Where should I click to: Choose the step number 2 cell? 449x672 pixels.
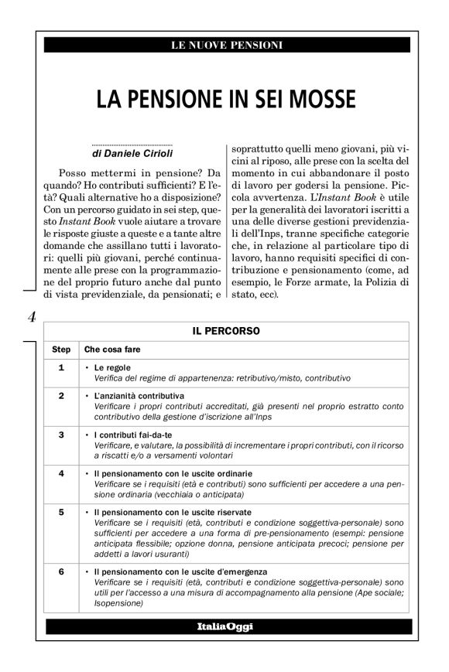61,395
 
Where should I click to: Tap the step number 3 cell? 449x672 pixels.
61,435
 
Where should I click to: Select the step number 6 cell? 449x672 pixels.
61,572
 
